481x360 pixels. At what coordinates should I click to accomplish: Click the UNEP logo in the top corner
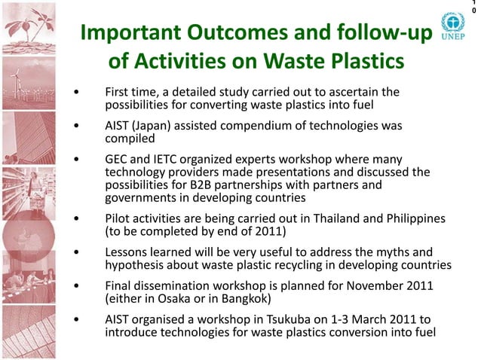coord(452,27)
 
